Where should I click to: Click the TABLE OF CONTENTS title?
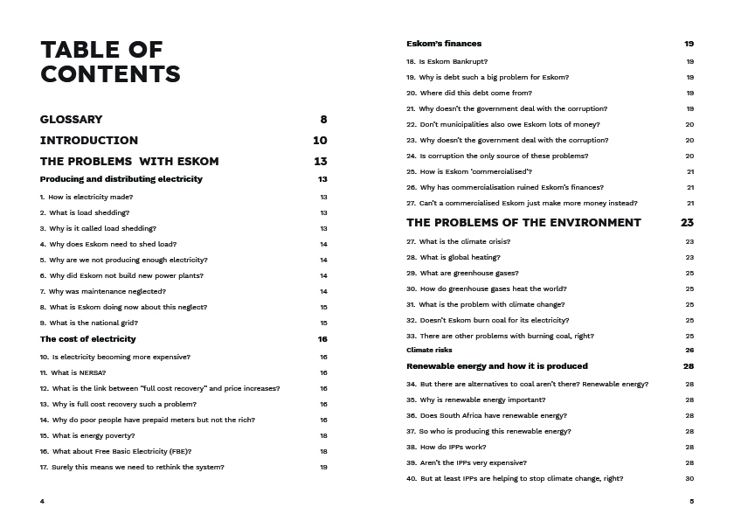pos(110,61)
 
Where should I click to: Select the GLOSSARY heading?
pos(71,119)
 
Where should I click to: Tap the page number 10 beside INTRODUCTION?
pos(320,140)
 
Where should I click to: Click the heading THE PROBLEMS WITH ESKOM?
pos(129,161)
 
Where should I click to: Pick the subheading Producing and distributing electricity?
pos(121,179)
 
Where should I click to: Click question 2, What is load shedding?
pos(85,212)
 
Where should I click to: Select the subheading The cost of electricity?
pos(87,339)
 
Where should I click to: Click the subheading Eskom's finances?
pos(444,44)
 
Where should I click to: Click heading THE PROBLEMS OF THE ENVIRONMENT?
pos(523,223)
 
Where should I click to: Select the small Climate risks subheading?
pos(429,350)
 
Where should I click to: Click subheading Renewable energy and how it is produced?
pos(497,366)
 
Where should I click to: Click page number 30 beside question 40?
pos(689,478)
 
